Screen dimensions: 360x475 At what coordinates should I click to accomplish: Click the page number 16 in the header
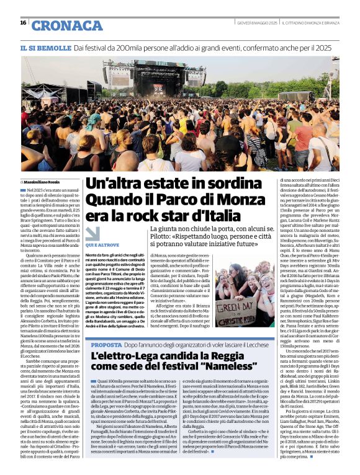pyautogui.click(x=23, y=23)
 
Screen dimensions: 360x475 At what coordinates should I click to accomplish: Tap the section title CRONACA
pyautogui.click(x=66, y=25)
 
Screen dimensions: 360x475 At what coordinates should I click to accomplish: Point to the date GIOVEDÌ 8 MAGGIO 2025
pyautogui.click(x=256, y=24)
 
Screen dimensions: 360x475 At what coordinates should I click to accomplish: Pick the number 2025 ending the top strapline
pyautogui.click(x=322, y=48)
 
